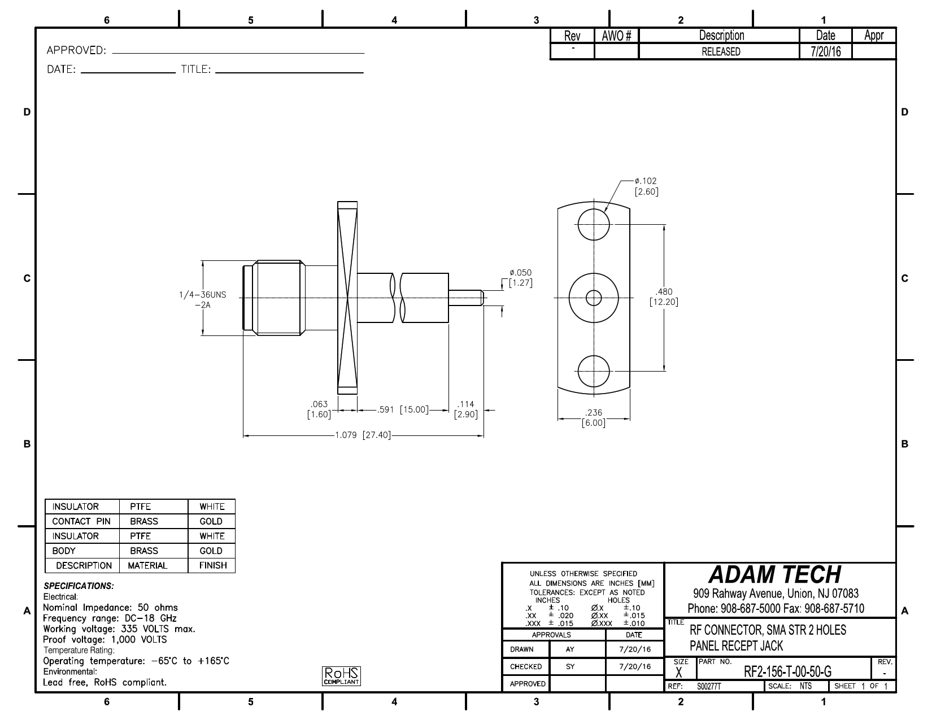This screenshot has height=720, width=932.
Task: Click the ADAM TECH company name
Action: (774, 575)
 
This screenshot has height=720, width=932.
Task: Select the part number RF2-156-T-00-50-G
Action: (787, 671)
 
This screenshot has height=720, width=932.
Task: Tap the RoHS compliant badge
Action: (341, 676)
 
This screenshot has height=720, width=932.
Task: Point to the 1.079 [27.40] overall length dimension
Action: (363, 435)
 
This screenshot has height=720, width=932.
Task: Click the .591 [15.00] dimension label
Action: (403, 409)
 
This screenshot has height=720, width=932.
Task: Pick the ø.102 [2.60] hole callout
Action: (646, 186)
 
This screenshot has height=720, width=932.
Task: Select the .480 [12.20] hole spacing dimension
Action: (664, 296)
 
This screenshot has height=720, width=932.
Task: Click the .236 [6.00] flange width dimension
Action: (594, 418)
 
